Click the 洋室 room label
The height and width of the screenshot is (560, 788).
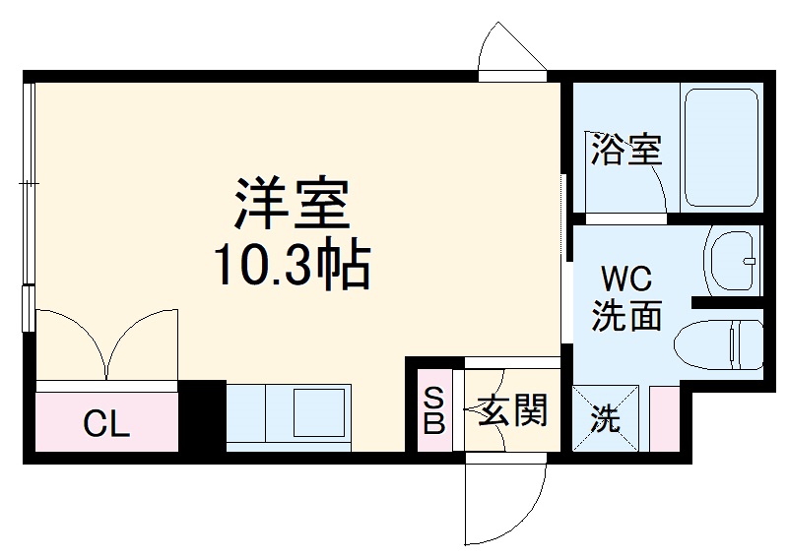(292, 204)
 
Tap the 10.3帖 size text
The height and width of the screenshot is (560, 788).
(292, 265)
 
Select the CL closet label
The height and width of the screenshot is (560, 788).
(105, 424)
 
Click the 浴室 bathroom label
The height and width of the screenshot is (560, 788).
(625, 150)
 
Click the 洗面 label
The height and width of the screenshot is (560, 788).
(625, 316)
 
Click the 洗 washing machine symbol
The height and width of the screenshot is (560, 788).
(607, 419)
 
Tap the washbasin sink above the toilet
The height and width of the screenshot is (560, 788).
(733, 261)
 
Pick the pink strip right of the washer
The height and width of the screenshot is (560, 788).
(663, 419)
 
